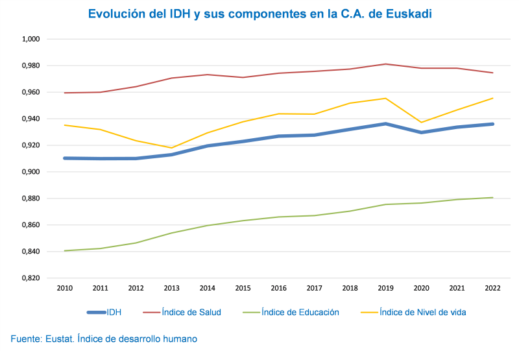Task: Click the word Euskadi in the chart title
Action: coord(407,14)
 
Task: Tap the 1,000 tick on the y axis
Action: coord(31,39)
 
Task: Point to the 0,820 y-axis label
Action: coord(31,278)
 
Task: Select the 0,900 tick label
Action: coord(31,172)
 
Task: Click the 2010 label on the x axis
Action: coord(64,288)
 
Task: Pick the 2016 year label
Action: coord(279,288)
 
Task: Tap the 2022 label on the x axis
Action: coord(493,288)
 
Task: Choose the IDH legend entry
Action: coord(114,312)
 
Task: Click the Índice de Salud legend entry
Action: coord(191,312)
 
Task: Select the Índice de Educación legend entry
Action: coord(300,312)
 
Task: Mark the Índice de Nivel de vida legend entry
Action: coord(422,312)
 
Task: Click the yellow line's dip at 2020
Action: coord(422,122)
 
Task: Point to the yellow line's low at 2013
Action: coord(171,148)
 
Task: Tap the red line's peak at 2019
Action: coord(386,64)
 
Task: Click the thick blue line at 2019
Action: coord(386,123)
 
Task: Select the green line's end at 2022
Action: coord(493,198)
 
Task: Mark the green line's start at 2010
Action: coord(64,250)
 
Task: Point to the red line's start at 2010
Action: coord(64,93)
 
